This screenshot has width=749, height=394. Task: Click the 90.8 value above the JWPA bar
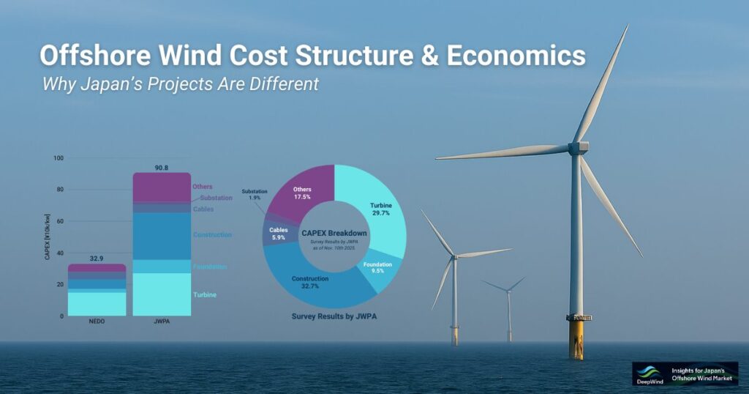[162, 166]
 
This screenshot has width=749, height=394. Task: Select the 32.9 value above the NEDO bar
[97, 258]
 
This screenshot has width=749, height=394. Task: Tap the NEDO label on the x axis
[97, 322]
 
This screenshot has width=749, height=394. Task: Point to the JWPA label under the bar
[162, 322]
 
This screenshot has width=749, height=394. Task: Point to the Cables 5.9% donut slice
[276, 234]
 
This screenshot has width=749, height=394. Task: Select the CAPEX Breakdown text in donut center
[334, 233]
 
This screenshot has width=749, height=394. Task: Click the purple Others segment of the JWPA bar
[162, 187]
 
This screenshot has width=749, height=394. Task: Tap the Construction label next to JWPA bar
[212, 234]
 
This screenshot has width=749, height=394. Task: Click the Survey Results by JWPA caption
[334, 316]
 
